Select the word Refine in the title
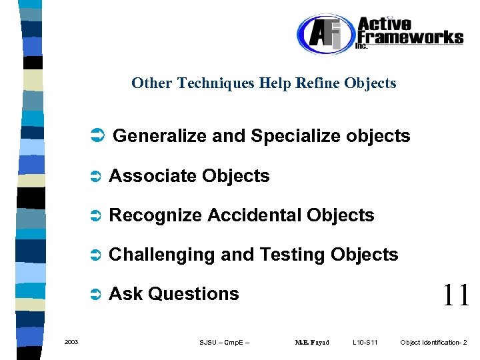tap(319, 83)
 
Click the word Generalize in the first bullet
tap(160, 137)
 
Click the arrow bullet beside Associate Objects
tap(95, 177)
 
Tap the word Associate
tap(153, 176)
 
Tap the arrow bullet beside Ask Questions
tap(95, 294)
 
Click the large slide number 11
tap(456, 295)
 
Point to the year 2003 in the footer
tap(71, 343)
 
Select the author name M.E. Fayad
tap(312, 343)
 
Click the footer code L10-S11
tap(365, 343)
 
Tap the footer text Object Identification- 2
tap(433, 343)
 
